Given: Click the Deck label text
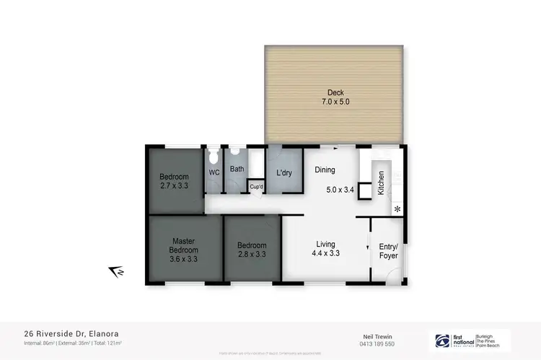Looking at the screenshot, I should (335, 92).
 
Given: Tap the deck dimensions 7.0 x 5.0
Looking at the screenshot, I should (335, 102).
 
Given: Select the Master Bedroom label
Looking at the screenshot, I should (184, 245).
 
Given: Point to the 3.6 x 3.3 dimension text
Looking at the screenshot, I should (184, 259).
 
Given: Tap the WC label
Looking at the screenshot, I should (214, 172).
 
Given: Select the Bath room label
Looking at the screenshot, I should (237, 170).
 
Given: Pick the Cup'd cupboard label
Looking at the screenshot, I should (256, 187).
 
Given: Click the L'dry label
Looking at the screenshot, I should (283, 172).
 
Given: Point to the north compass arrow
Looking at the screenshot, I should (115, 271).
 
